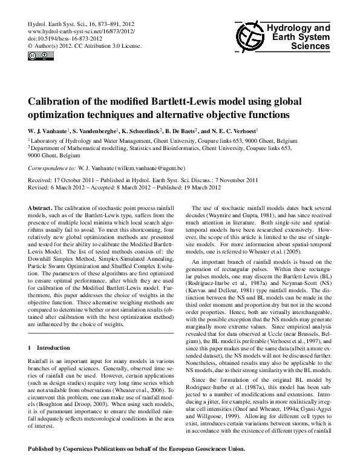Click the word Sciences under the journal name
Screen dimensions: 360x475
point(312,45)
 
